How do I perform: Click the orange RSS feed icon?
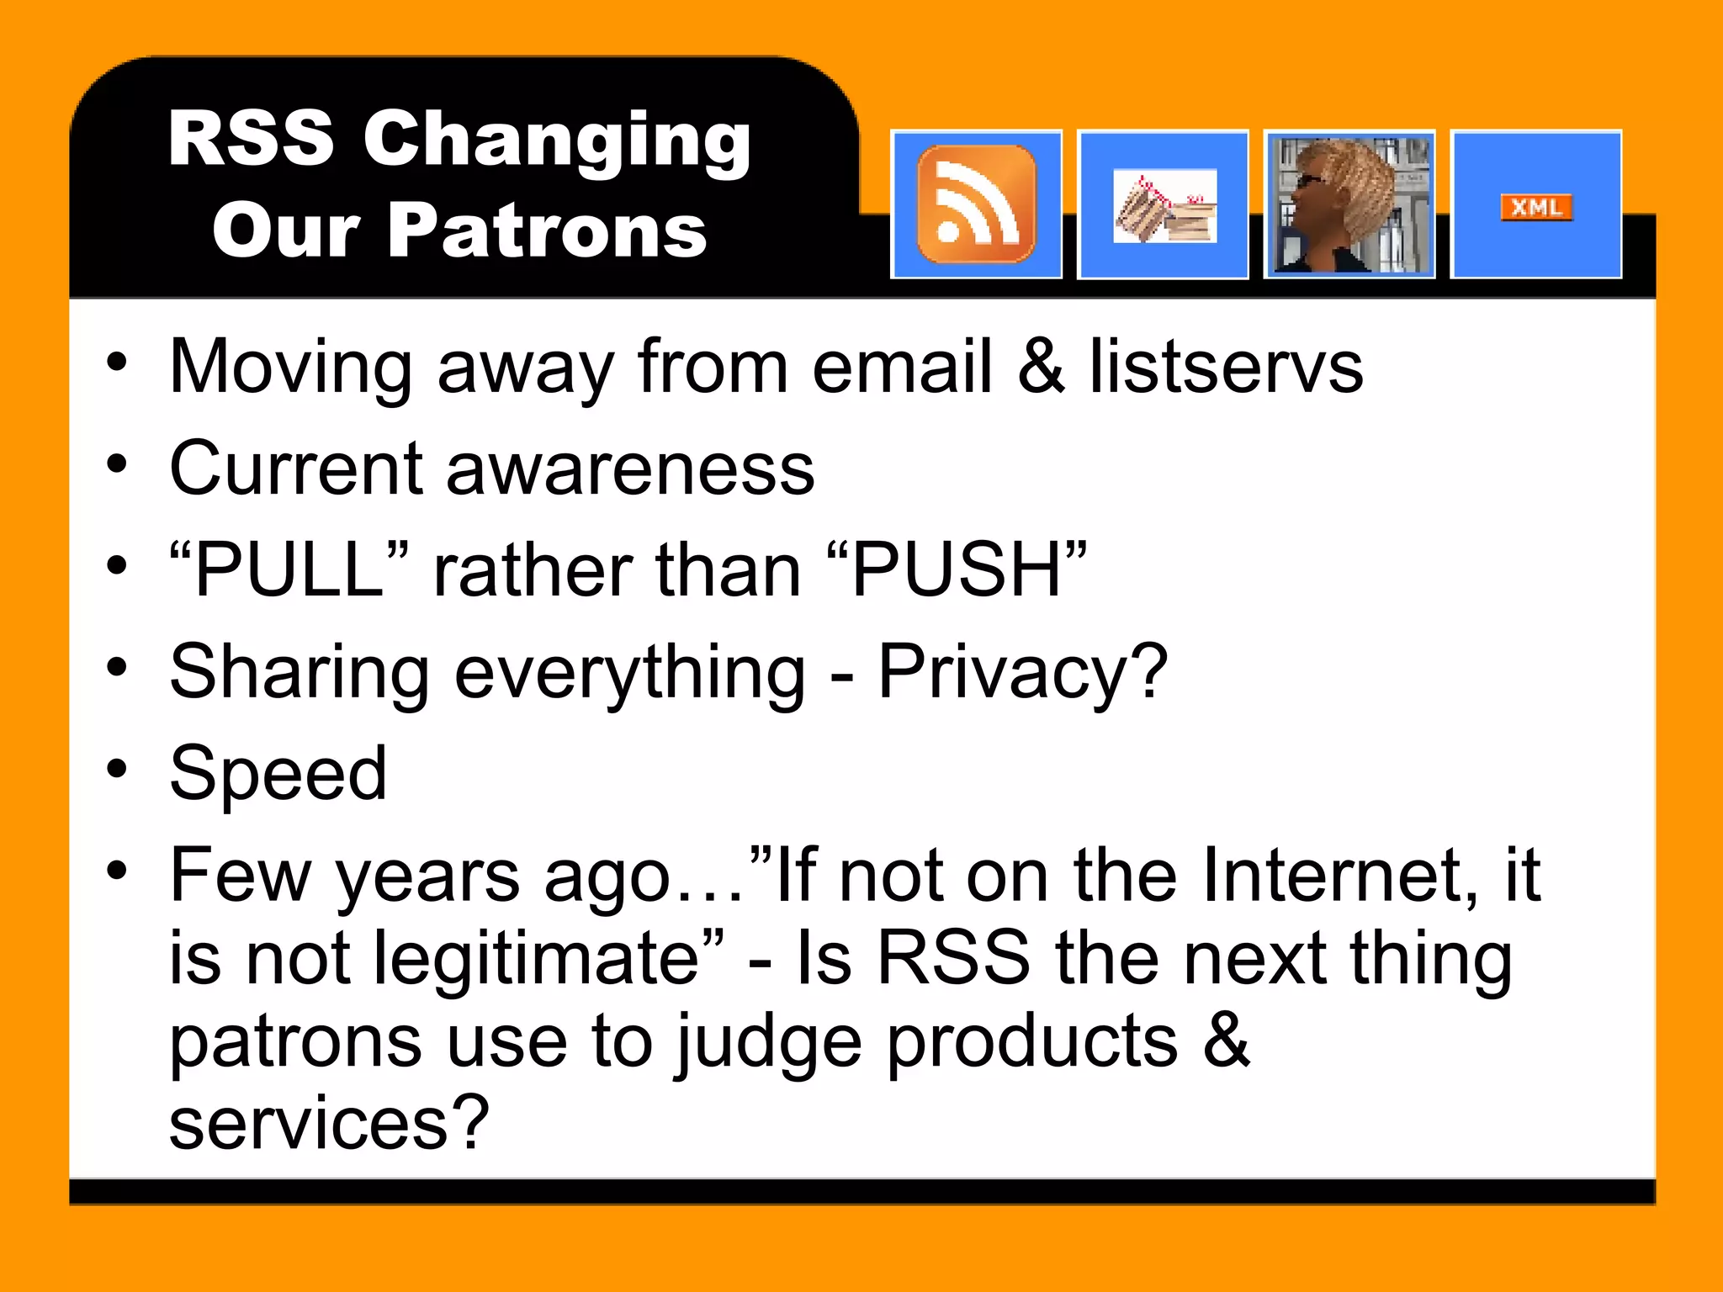pyautogui.click(x=976, y=204)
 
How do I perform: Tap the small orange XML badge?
pyautogui.click(x=1536, y=207)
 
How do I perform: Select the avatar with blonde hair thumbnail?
pyautogui.click(x=1349, y=204)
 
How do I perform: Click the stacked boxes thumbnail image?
pyautogui.click(x=1164, y=206)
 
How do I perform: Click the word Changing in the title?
pyautogui.click(x=556, y=140)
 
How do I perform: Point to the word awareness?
pyautogui.click(x=630, y=469)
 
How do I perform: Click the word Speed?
pyautogui.click(x=278, y=773)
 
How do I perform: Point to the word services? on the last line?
pyautogui.click(x=329, y=1123)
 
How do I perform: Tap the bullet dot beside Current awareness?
pyautogui.click(x=117, y=465)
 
